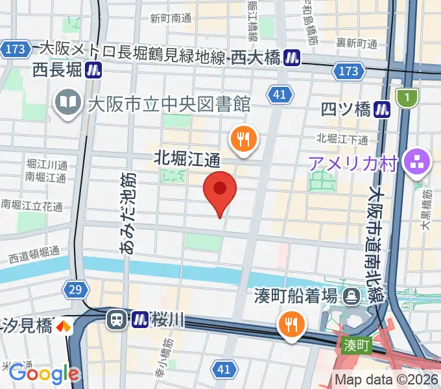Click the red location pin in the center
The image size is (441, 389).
(x=220, y=190)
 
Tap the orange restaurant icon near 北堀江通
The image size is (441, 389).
(x=244, y=139)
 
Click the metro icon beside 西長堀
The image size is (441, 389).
(x=95, y=68)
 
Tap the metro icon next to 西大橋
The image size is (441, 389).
(x=293, y=58)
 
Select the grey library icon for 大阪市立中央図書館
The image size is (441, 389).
(x=67, y=102)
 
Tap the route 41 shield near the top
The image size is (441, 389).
(x=279, y=95)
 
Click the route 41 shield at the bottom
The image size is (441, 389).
(x=223, y=370)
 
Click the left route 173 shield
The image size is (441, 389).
(x=14, y=48)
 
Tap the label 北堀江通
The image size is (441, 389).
(x=187, y=158)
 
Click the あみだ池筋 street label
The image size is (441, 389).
(x=128, y=202)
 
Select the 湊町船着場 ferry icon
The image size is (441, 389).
(x=352, y=296)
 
